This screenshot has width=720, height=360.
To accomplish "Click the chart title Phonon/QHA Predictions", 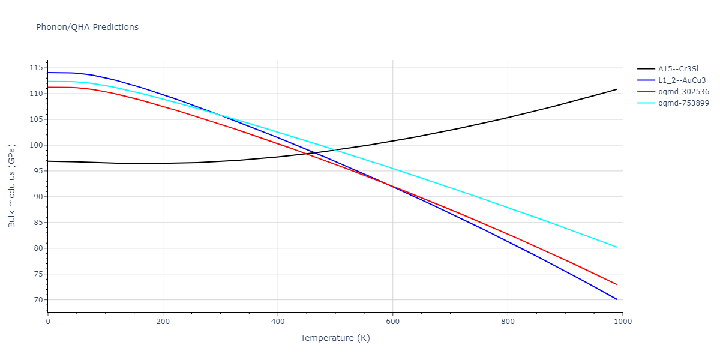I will point(87,27).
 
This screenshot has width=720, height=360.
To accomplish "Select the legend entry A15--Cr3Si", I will point(678,69).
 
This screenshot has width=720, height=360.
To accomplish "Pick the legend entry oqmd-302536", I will point(683,92).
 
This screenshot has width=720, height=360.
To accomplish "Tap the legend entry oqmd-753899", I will point(683,103).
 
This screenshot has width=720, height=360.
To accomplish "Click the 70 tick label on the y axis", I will point(39,300).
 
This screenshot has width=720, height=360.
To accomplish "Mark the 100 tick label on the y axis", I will point(37,145).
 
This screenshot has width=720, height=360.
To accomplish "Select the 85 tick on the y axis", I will point(39,223).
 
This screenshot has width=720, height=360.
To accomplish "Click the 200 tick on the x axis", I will point(163,321).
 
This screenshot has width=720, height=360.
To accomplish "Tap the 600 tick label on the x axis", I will point(392,321).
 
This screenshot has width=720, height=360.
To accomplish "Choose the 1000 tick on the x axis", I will point(622,321).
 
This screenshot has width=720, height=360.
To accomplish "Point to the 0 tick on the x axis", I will point(48,321).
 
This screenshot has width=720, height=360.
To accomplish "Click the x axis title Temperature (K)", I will point(335,338).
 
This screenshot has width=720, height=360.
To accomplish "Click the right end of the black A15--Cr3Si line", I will point(617,89).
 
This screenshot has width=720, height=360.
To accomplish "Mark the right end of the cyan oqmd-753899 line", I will point(617,247).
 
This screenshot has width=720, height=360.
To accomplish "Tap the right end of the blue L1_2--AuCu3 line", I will point(617,299).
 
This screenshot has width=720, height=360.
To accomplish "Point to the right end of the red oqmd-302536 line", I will point(617,284).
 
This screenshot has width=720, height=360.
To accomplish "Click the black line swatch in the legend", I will point(646,69).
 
